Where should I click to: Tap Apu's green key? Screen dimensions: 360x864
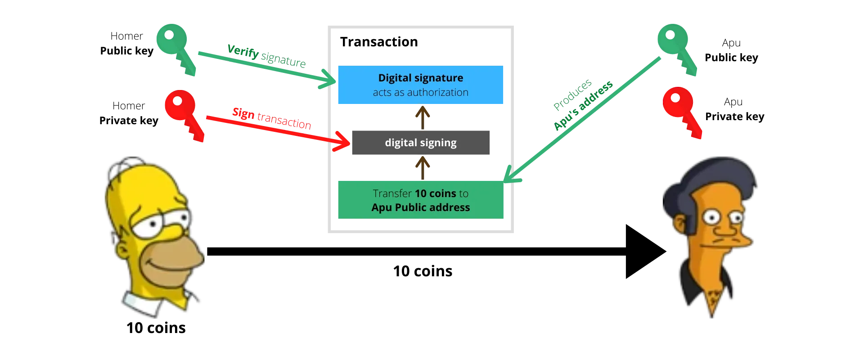675,45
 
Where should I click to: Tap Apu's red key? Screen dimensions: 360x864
679,108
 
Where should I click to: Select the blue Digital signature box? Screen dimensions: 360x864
420,85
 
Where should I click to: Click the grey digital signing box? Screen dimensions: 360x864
421,143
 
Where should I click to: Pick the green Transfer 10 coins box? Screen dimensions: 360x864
420,200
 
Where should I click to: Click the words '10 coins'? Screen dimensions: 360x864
435,193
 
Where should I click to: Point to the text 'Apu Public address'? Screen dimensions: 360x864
420,207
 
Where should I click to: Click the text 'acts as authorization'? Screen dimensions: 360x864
420,93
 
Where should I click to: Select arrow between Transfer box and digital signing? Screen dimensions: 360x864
422,167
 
